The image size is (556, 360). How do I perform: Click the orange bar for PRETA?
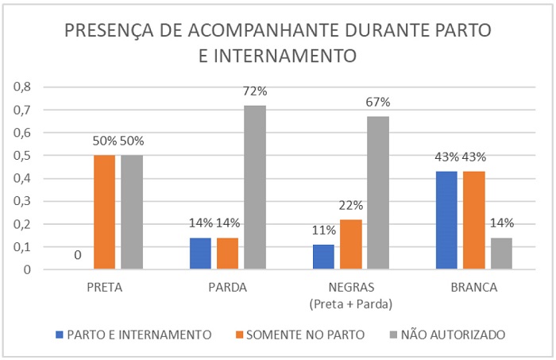point(105,212)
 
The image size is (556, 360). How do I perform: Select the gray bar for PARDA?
point(254,188)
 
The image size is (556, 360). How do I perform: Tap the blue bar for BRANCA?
point(447,220)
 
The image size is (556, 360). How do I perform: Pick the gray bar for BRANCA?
point(501,254)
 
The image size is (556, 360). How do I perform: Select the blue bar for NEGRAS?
point(324,257)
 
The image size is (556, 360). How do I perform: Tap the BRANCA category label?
point(474,288)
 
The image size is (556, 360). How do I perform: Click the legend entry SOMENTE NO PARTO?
point(305,335)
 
